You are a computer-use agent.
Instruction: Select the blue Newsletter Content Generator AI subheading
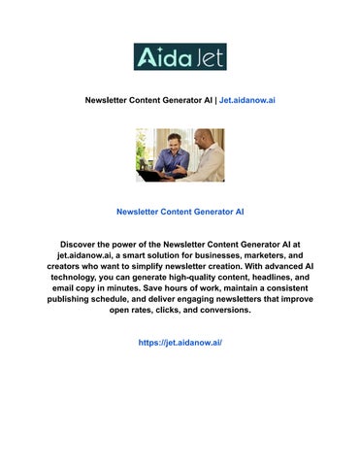pyautogui.click(x=180, y=211)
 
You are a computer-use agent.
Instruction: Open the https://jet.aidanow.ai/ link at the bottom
pyautogui.click(x=180, y=343)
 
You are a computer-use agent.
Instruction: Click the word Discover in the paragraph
pyautogui.click(x=83, y=246)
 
